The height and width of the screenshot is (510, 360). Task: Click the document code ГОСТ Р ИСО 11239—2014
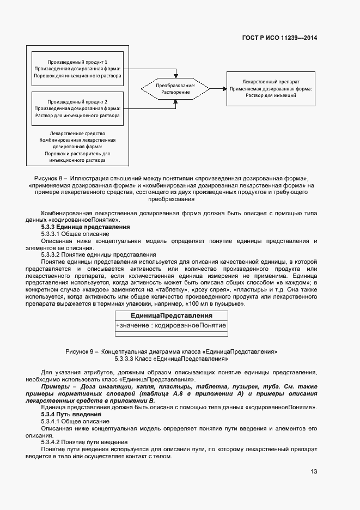click(279, 38)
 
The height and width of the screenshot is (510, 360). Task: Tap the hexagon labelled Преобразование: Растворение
click(175, 89)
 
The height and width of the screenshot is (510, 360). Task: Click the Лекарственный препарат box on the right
click(271, 88)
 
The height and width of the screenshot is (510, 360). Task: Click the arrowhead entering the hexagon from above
click(175, 75)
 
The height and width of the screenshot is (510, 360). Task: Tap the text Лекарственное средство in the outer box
click(77, 133)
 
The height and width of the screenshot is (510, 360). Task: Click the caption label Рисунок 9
click(80, 352)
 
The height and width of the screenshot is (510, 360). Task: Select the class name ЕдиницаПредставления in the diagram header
click(171, 315)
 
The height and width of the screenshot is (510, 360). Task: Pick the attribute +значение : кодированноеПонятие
click(171, 325)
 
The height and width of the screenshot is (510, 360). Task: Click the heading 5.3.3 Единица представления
click(86, 226)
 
